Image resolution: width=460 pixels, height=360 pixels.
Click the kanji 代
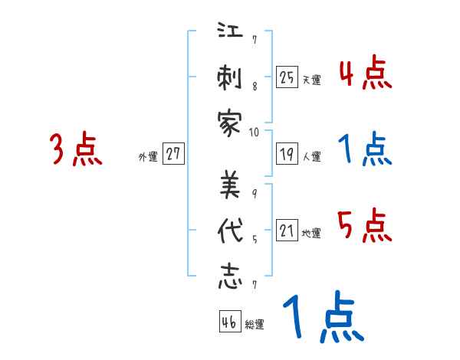pos(230,231)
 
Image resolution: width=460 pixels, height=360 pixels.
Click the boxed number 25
pos(287,77)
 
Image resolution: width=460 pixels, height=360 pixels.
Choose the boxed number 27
pos(173,155)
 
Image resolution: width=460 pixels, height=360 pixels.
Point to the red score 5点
pos(365,225)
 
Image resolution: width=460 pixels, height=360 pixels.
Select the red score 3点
pos(76,149)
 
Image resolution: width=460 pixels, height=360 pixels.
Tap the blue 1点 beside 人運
pos(365,149)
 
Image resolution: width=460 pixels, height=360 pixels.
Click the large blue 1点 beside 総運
pos(322,318)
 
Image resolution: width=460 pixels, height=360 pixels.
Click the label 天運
pos(311,80)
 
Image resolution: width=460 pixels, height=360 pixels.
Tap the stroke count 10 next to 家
pos(255,132)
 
